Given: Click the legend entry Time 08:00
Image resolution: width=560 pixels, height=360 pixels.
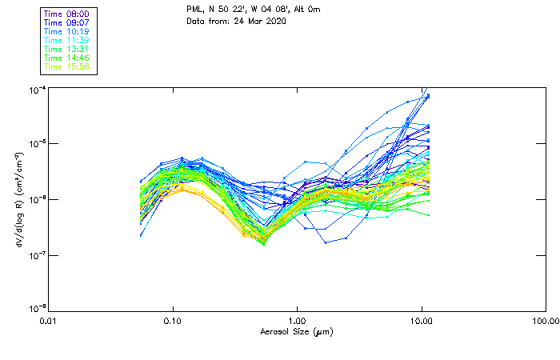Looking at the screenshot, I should pos(67,14).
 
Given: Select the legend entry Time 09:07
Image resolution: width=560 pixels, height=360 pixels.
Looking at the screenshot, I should pos(67,23).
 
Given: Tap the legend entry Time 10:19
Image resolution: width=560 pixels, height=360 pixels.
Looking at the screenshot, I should pos(67,31).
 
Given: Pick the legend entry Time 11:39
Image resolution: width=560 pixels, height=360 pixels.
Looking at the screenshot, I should pos(67,40).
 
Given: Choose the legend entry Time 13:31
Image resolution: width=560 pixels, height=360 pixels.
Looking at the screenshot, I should pos(67,49).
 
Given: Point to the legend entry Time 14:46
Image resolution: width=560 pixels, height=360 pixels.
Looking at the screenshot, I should pos(67,58).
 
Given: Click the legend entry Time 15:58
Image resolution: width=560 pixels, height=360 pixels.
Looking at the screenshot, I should pos(67,66).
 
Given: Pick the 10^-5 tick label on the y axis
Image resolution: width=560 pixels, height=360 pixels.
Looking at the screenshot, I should pos(35,144).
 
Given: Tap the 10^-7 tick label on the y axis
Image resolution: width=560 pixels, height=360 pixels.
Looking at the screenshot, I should pos(35,255).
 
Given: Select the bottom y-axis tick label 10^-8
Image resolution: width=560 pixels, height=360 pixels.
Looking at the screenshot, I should pos(35,308).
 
